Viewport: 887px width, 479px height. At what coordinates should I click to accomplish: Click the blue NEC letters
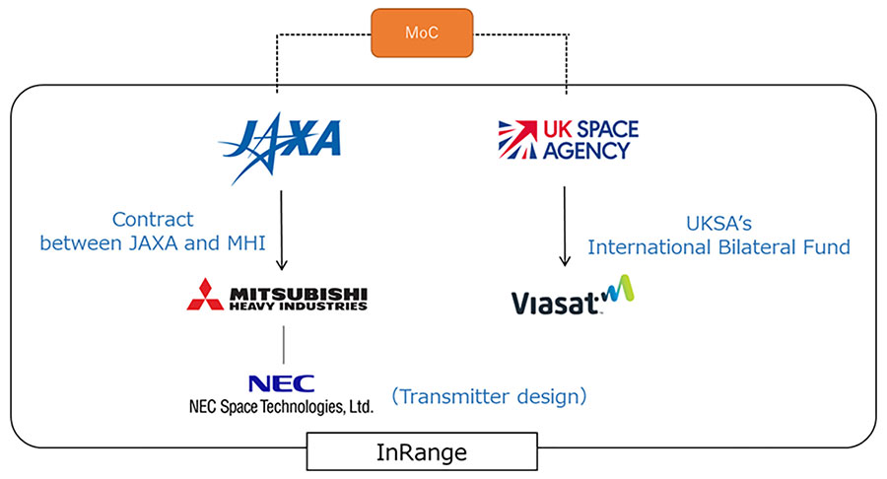[282, 382]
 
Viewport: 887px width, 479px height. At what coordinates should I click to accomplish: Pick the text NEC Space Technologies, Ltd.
[281, 405]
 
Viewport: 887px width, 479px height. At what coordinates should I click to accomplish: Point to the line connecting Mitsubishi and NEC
[283, 343]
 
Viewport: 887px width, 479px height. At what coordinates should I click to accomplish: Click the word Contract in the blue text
[153, 219]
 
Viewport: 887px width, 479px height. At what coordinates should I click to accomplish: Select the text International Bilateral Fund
[718, 247]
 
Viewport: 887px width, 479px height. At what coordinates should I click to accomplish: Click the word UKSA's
[718, 224]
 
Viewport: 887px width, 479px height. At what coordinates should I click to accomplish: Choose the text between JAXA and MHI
[153, 242]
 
